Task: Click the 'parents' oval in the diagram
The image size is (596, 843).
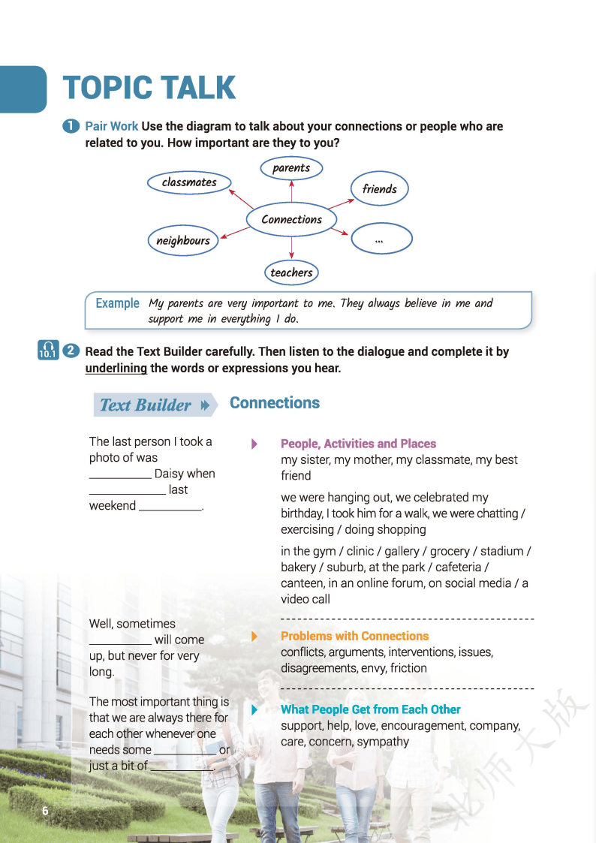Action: [291, 168]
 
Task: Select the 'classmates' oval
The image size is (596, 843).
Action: [189, 182]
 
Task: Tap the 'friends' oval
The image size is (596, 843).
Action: [379, 189]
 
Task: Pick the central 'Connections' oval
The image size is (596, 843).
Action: [291, 219]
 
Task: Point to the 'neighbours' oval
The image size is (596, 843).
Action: [183, 240]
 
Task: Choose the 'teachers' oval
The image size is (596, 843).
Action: [291, 272]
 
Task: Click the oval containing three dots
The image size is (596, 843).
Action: [381, 239]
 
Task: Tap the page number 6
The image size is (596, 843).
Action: [45, 811]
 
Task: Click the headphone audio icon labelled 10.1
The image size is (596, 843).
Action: [47, 351]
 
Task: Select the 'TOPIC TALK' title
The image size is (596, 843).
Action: [149, 88]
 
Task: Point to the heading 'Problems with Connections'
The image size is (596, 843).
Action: [354, 636]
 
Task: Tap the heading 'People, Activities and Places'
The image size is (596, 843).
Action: [358, 444]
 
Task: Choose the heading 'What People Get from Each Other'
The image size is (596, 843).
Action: [370, 709]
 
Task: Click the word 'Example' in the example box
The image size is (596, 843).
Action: [117, 303]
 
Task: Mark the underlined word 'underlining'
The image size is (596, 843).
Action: [116, 368]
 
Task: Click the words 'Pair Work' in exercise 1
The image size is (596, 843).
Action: [112, 126]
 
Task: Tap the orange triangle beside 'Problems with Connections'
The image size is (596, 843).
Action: [254, 636]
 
